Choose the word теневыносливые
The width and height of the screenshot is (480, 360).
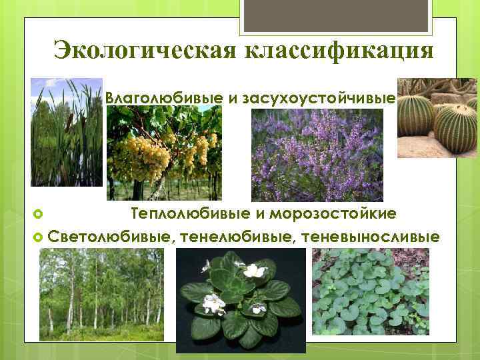click(x=371, y=237)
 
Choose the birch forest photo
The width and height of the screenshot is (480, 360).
click(x=100, y=294)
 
